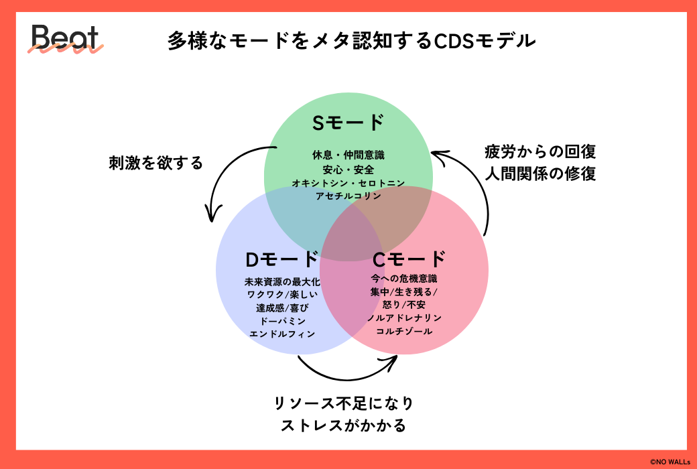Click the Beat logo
pos(66,39)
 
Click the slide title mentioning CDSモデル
pos(352,42)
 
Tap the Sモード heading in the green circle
pos(348,123)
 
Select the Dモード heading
pos(282,259)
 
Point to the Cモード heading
pos(409,259)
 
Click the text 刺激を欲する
pos(156,163)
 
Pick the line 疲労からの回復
pos(540,151)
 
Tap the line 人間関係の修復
pos(540,174)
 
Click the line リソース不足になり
pos(344,403)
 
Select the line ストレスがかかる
pos(344,425)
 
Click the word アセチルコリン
pos(348,196)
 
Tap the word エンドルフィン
pos(282,334)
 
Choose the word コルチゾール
pos(404,331)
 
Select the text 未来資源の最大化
pos(282,282)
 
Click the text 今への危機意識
pos(404,279)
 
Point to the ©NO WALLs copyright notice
pos(670,462)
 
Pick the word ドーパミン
pos(282,321)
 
